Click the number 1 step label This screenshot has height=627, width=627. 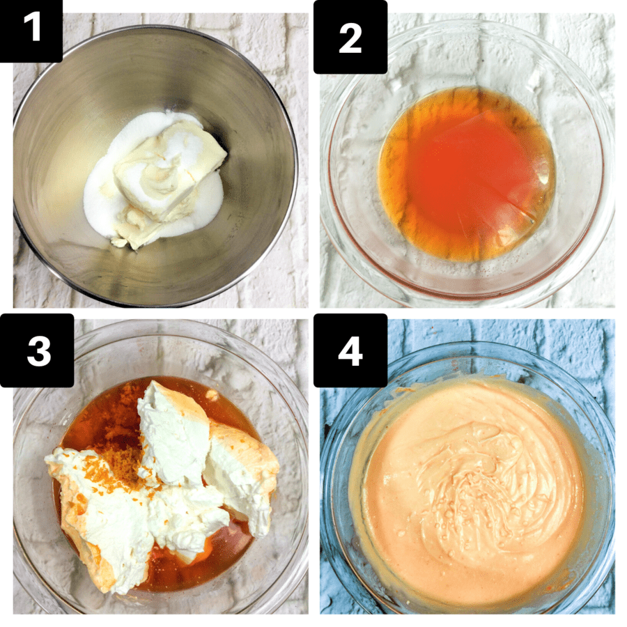[31, 31]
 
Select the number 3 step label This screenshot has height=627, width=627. [38, 350]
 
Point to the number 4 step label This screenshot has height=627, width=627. [350, 350]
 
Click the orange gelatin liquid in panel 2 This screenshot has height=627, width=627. [467, 174]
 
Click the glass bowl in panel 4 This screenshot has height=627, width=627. [341, 543]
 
